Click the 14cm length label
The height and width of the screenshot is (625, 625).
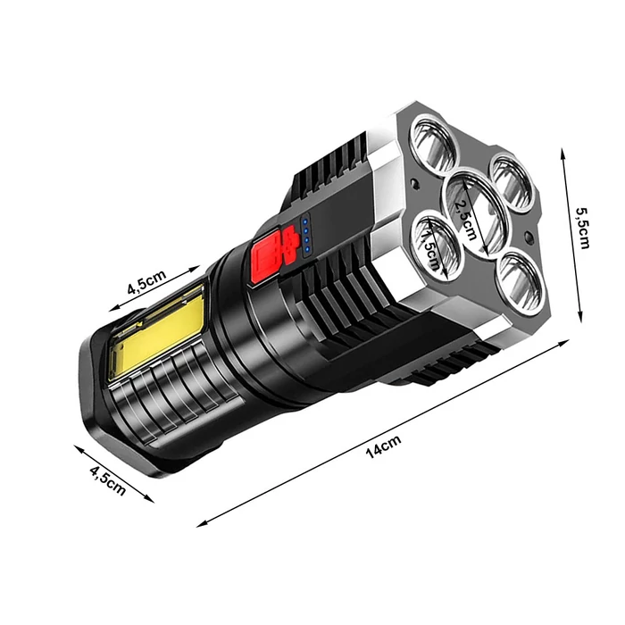(x=383, y=446)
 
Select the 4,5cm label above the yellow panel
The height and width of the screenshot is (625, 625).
(x=146, y=282)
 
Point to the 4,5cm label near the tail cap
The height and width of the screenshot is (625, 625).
(x=108, y=480)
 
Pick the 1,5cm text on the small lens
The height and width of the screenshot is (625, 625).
(x=430, y=251)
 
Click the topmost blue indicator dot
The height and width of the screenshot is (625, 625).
(x=305, y=221)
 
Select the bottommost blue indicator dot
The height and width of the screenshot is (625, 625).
(x=307, y=249)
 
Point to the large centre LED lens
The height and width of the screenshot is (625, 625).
(x=473, y=212)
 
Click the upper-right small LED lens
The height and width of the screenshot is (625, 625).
(x=512, y=182)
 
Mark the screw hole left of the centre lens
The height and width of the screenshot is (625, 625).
(x=416, y=184)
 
